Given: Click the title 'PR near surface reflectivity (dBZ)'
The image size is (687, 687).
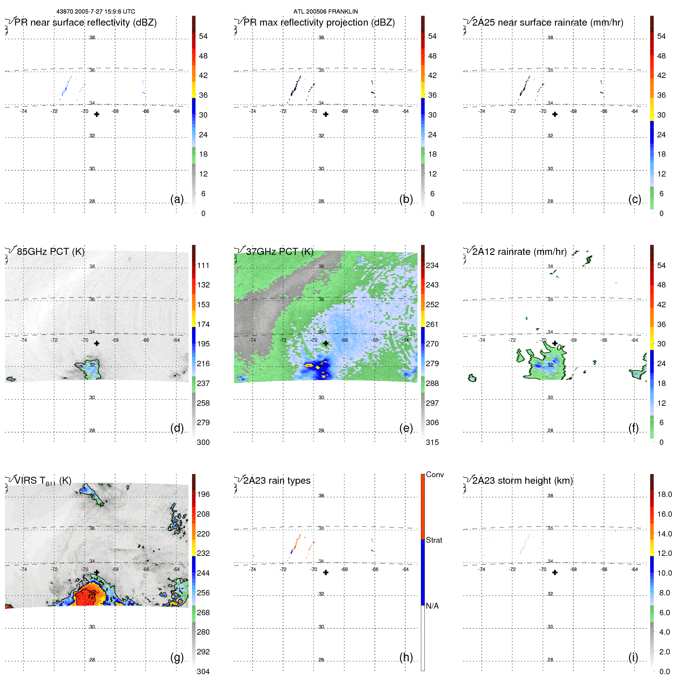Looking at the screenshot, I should pos(85,22).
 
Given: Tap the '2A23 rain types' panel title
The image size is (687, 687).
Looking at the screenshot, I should pos(277,481).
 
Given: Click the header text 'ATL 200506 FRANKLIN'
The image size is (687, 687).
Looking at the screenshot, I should pos(325,12).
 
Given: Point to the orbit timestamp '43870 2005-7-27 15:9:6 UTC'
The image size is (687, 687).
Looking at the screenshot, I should pos(96,12).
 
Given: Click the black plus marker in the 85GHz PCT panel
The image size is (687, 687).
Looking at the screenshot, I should pos(97,343).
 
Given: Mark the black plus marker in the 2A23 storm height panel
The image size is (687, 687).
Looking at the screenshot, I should pos(555,573).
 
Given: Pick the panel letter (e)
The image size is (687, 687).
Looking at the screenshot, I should pos(406,428).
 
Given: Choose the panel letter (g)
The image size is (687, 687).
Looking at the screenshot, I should pos(177,657).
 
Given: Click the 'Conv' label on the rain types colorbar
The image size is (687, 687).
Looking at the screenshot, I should pos(434,474).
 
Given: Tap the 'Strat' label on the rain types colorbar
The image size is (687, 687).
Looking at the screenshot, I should pos(434,540).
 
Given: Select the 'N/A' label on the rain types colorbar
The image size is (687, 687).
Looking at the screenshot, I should pos(432,606).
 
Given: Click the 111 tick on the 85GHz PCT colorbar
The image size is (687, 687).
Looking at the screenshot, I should pos(203,265).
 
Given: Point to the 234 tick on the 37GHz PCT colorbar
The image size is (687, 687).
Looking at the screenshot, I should pos(432,265).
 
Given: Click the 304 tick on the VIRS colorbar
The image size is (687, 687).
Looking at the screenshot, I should pos(203,671).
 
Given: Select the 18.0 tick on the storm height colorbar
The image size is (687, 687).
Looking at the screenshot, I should pos(665,494).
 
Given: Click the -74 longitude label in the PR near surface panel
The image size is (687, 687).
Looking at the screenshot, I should pos(24,111).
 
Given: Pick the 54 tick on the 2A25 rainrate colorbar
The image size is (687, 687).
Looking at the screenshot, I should pos(661,36).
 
